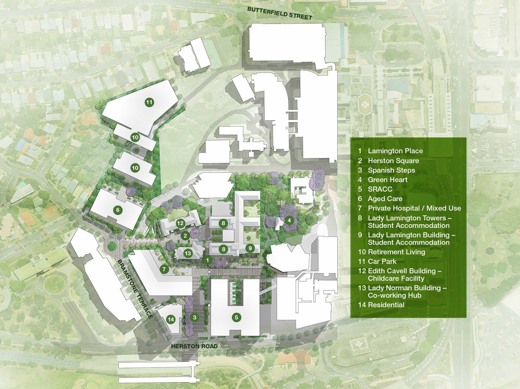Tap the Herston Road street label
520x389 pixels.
point(194,346)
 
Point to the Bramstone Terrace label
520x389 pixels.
point(135,289)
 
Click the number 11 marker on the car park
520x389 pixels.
point(149,102)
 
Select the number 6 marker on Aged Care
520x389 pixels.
point(118,210)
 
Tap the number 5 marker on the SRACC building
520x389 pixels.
point(237,318)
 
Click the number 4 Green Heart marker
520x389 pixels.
point(289,221)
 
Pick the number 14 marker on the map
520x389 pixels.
point(171,319)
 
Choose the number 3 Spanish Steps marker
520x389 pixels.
point(194,318)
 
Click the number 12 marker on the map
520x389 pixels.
point(180,223)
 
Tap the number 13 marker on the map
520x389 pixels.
point(188,253)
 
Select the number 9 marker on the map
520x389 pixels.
point(250,248)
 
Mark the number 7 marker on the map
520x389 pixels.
point(164,269)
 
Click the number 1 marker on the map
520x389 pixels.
point(207,260)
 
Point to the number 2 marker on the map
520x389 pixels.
point(185,236)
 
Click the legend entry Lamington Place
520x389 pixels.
point(395,151)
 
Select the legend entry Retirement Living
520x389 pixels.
point(396,252)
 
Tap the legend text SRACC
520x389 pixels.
point(380,189)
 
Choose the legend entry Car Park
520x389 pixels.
point(382,261)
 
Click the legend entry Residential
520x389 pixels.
point(386,305)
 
